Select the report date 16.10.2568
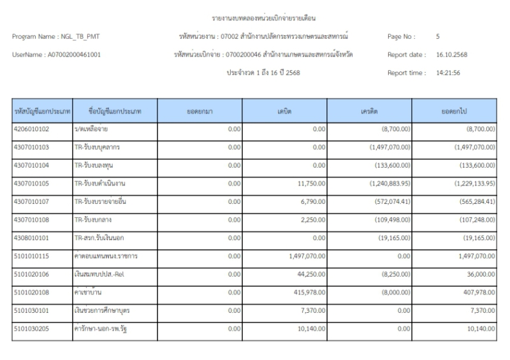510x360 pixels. click(452, 55)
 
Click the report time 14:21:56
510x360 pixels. click(448, 73)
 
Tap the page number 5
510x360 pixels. click(439, 37)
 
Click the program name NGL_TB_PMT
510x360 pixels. click(76, 37)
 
